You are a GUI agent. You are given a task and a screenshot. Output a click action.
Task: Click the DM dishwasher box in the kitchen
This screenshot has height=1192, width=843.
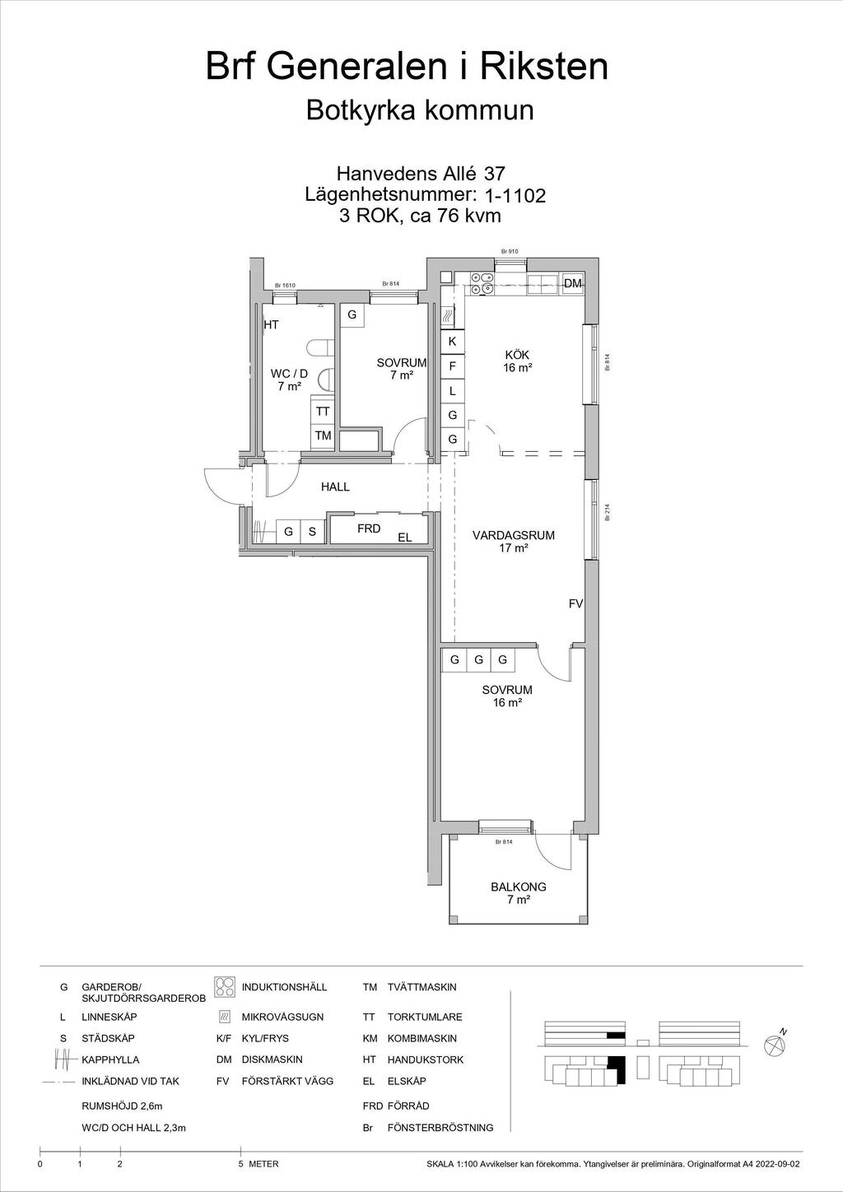(x=573, y=284)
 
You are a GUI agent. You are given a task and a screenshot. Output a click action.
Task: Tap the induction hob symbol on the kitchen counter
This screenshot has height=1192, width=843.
(x=481, y=283)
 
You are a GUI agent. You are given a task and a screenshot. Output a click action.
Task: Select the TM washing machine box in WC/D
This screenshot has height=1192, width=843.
(x=323, y=435)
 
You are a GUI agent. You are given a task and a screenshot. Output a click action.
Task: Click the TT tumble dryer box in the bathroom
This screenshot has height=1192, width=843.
(x=323, y=412)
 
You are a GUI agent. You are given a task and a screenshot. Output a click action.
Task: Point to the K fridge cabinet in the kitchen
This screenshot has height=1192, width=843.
(x=452, y=342)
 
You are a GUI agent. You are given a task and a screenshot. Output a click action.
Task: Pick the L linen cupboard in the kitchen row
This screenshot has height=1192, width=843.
(x=452, y=391)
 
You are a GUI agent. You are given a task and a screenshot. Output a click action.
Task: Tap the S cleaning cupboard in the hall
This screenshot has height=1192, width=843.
(x=312, y=531)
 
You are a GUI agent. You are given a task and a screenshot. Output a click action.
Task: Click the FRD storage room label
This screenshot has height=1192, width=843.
(x=369, y=528)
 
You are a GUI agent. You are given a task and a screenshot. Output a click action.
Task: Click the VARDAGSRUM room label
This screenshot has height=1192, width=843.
(x=514, y=535)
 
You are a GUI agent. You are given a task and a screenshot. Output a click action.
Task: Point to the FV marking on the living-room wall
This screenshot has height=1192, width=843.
(x=575, y=604)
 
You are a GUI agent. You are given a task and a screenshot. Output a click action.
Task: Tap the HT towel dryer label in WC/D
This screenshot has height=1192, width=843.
(x=272, y=324)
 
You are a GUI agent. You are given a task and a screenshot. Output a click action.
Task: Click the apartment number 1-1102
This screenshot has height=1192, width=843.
(x=515, y=196)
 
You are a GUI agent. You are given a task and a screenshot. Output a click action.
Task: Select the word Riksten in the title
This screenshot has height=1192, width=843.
(x=544, y=67)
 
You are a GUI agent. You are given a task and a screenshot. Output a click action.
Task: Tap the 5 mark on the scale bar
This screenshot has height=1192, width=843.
(x=240, y=1164)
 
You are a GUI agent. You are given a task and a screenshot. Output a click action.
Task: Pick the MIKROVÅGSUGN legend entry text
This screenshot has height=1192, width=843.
(x=282, y=1017)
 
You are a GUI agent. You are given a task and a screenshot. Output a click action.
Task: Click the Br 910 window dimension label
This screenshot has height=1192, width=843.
(x=510, y=252)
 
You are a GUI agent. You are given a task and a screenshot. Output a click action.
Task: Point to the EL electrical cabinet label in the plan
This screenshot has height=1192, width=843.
(x=405, y=538)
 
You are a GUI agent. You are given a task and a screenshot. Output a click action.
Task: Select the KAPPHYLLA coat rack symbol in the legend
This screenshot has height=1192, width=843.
(x=63, y=1059)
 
